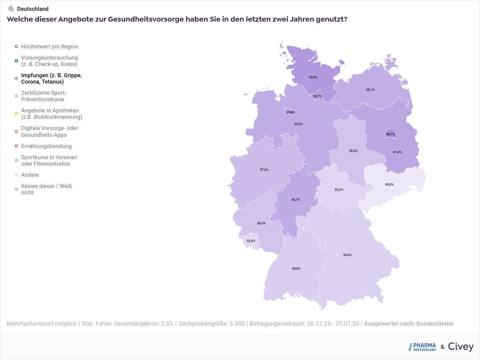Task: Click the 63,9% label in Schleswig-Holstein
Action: coord(313,77)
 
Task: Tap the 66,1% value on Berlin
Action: coord(390,134)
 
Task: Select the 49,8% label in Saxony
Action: coord(389,184)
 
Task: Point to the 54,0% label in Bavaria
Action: coord(347,255)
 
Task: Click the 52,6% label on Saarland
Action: coord(251,241)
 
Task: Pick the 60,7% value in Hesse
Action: coord(296,200)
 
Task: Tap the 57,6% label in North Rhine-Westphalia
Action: coord(264,170)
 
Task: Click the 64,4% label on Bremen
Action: coord(290,112)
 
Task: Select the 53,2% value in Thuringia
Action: coord(339,190)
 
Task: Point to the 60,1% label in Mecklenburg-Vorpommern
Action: coord(370,90)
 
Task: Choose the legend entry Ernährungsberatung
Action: coord(46,146)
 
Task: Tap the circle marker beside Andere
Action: coord(16,175)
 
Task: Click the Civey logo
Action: coord(460,347)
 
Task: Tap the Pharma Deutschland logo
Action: coord(422,347)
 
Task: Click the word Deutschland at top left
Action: coord(33,9)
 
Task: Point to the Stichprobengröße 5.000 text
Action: coord(211,324)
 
